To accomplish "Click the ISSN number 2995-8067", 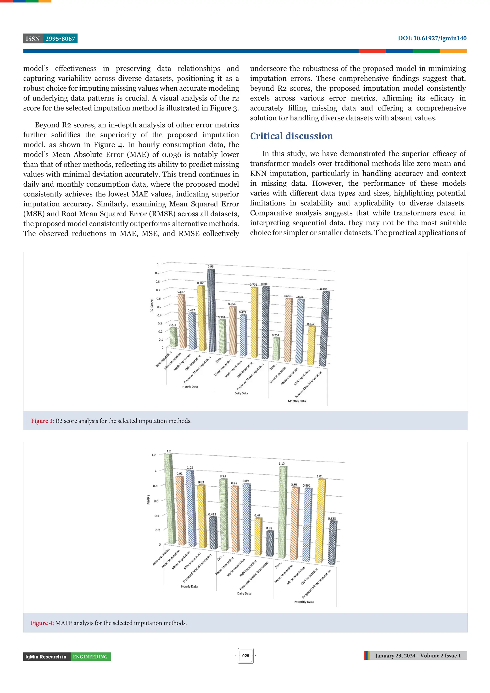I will point(60,39).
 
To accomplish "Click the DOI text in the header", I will point(432,38).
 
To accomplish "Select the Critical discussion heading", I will point(291,136).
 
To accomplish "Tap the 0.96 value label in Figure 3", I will point(211,266).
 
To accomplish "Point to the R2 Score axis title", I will point(152,305).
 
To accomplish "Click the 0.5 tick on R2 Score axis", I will point(159,307).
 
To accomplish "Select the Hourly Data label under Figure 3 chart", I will point(190,387).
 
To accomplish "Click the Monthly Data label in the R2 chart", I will point(297,401).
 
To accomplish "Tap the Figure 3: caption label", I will point(43,421).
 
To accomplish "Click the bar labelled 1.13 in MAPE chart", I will point(282,513).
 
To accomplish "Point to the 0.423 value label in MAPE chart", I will point(212,514).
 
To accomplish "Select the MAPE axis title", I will point(148,499).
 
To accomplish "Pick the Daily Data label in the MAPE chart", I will point(244,593).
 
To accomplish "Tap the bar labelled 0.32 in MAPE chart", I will point(270,543).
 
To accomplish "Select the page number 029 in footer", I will point(246,656).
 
